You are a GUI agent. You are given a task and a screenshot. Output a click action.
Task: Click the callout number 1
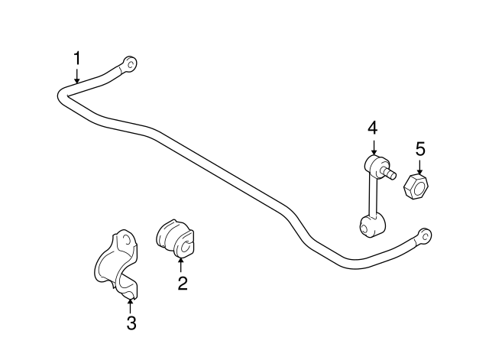click(76, 58)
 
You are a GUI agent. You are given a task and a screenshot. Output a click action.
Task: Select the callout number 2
click(183, 284)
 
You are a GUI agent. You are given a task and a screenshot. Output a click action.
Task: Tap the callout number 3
click(131, 323)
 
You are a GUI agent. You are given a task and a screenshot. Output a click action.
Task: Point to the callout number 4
click(373, 128)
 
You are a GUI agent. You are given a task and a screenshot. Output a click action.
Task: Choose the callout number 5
click(420, 149)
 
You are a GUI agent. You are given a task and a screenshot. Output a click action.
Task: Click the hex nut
click(416, 186)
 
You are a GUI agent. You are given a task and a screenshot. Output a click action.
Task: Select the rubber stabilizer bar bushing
click(175, 238)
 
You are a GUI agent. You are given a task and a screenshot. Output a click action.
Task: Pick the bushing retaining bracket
click(116, 264)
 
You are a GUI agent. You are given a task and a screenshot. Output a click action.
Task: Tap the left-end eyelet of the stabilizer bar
click(130, 64)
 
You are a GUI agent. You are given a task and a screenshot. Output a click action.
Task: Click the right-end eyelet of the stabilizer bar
click(425, 235)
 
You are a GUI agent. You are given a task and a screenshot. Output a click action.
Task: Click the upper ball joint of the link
click(377, 165)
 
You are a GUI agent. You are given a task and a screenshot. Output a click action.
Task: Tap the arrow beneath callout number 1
click(76, 75)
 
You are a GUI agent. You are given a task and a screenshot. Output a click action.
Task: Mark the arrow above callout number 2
click(180, 266)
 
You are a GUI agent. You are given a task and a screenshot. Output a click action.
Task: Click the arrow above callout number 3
click(130, 306)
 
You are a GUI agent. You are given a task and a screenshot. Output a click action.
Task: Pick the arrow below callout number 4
click(374, 147)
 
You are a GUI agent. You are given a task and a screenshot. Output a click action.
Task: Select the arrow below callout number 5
click(419, 167)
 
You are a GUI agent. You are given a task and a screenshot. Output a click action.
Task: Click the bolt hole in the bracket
click(127, 239)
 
